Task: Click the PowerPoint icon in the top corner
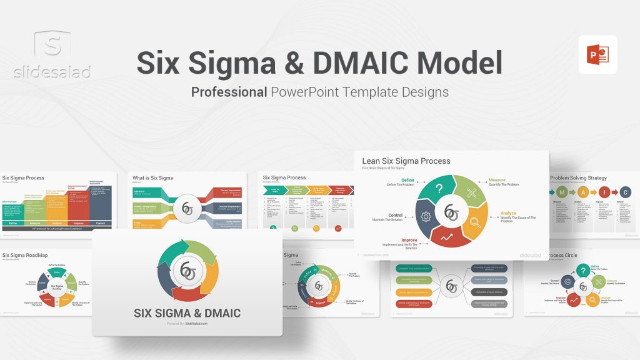tap(597, 54)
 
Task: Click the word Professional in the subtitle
tap(229, 92)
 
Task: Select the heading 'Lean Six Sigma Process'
tap(406, 161)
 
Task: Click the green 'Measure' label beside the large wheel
tap(497, 180)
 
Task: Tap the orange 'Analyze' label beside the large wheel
tap(508, 213)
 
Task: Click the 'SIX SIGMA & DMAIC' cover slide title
tap(187, 312)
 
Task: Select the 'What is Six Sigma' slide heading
tap(153, 178)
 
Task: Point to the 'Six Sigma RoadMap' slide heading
tap(26, 255)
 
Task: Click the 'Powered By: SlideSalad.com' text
tap(187, 324)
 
